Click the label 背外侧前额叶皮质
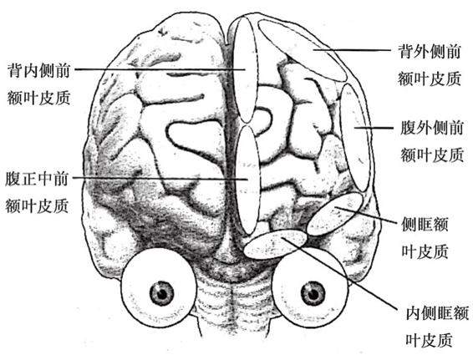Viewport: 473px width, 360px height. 430,65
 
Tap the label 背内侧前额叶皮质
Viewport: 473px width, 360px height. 39,84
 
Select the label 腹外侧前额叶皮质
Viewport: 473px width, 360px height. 432,141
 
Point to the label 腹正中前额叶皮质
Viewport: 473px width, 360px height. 37,192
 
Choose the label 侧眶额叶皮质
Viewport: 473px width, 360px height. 425,238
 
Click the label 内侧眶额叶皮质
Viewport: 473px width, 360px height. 437,327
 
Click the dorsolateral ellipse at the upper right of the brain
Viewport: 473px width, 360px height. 303,50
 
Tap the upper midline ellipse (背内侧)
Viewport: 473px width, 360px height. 247,70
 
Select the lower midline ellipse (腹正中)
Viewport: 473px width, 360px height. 248,180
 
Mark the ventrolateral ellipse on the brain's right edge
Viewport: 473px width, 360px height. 355,138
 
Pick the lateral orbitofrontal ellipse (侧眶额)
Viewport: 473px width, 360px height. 334,214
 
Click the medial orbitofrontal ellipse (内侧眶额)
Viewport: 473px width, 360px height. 276,244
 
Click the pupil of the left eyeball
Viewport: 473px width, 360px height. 162,293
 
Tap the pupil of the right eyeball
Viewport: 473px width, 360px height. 313,293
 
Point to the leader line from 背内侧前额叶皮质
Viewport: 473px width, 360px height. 160,69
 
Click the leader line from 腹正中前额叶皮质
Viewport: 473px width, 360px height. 160,178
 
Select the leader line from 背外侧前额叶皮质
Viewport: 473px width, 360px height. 352,50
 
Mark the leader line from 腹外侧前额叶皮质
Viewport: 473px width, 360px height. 374,128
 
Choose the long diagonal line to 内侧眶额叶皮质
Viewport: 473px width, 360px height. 339,273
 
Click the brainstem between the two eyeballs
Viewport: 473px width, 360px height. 234,297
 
